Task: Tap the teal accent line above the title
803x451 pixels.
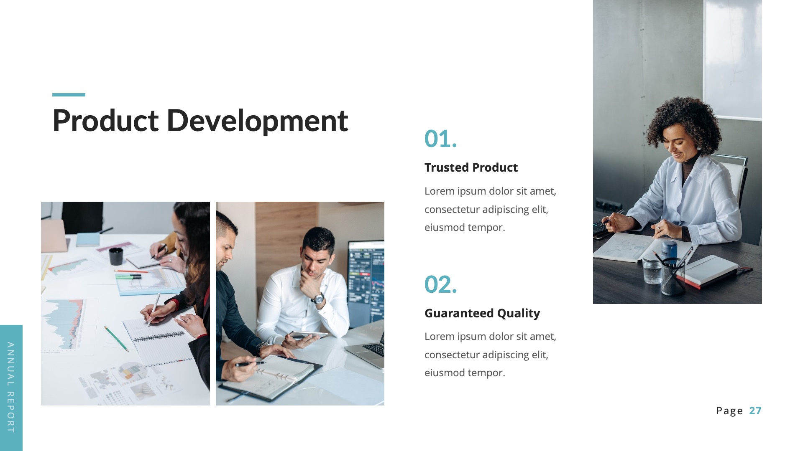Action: click(69, 95)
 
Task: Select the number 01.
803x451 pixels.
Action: click(440, 139)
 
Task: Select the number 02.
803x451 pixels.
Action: click(440, 284)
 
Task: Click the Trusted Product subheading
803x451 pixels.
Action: click(471, 167)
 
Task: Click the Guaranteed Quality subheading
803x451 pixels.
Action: click(482, 313)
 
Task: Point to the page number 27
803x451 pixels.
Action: click(755, 410)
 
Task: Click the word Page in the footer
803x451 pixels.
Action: click(729, 411)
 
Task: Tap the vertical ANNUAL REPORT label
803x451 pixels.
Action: click(11, 388)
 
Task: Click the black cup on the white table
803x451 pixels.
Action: click(116, 256)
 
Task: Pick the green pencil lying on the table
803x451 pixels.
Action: click(116, 339)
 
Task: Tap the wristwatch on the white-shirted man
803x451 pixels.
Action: click(319, 298)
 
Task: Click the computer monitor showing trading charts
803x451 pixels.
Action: click(366, 280)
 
